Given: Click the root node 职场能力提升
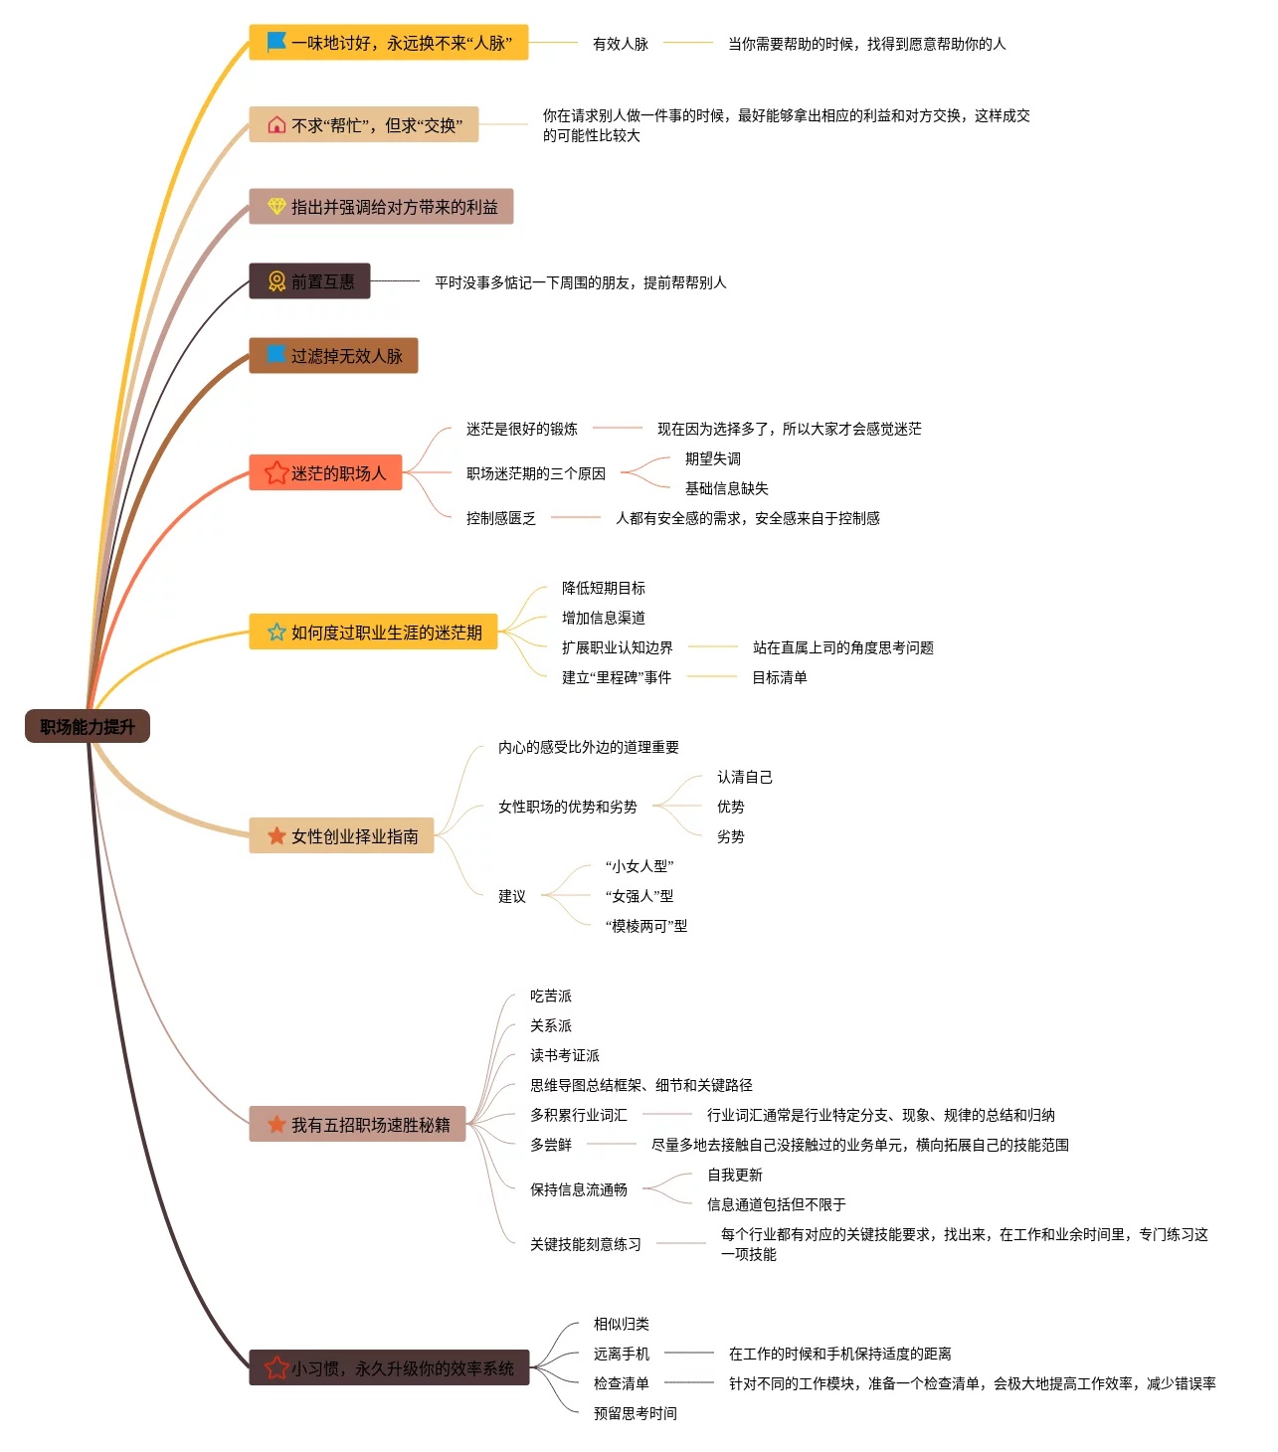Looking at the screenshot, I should click(88, 727).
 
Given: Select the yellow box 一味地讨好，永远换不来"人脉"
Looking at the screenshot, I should click(389, 43).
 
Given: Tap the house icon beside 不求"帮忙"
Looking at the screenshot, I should click(276, 125).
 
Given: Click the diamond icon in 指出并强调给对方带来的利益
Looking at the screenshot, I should click(276, 207).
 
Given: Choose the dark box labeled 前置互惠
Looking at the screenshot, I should click(309, 281).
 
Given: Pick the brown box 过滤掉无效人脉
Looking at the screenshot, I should click(333, 356).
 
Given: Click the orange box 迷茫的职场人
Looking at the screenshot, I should click(325, 473).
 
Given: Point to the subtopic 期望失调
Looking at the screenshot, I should click(712, 458).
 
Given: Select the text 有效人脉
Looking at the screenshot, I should click(620, 44).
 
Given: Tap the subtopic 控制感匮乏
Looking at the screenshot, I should click(500, 518).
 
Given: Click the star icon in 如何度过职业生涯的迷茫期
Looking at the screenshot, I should click(276, 633).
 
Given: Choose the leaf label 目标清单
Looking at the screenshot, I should click(779, 677).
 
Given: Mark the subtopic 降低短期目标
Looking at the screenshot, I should click(603, 588).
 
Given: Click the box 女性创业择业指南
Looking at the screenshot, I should click(341, 836).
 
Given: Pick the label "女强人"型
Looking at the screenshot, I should click(639, 896).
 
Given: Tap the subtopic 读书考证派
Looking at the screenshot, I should click(564, 1055).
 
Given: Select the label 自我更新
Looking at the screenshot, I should click(734, 1175).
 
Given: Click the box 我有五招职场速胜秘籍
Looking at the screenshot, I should click(357, 1125).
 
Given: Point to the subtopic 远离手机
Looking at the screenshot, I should click(621, 1354).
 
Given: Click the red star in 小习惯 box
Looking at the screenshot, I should click(276, 1368).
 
